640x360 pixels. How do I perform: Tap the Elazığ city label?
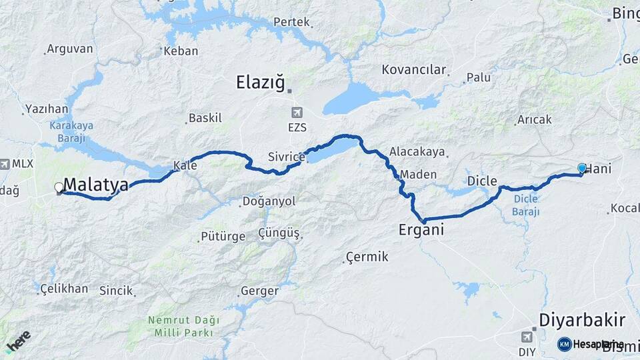pos(260,82)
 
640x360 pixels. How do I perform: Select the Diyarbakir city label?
pos(582,319)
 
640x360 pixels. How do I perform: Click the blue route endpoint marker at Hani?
pos(582,169)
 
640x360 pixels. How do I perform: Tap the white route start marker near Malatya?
pos(59,188)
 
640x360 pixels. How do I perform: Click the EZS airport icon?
pos(296,112)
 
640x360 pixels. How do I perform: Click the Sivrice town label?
pos(286,157)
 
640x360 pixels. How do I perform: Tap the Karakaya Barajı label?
pos(71,131)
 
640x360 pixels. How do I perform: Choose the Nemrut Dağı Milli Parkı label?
pos(181,325)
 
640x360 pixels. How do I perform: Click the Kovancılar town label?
pos(413,69)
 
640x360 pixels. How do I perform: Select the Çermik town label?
pos(367,257)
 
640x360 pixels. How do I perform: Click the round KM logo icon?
pos(564,344)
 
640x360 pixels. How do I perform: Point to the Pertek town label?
pos(291,22)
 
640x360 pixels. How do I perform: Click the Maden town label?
pos(418,175)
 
